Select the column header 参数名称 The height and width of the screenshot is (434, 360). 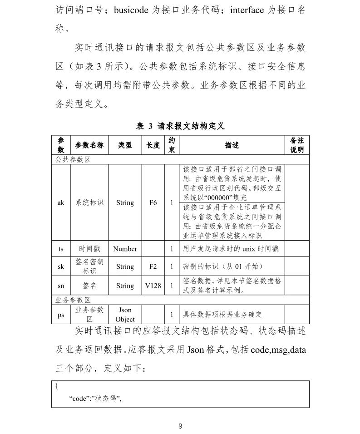pyautogui.click(x=89, y=145)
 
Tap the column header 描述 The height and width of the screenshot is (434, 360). pyautogui.click(x=232, y=145)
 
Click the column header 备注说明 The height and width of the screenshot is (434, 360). pyautogui.click(x=296, y=145)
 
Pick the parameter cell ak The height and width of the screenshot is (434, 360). pyautogui.click(x=61, y=202)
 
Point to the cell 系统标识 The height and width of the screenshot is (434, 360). pyautogui.click(x=89, y=202)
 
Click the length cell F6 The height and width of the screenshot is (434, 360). pyautogui.click(x=153, y=202)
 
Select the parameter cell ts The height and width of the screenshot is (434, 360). pyautogui.click(x=61, y=249)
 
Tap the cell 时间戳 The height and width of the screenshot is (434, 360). pyautogui.click(x=89, y=249)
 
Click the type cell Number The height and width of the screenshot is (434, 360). pyautogui.click(x=125, y=249)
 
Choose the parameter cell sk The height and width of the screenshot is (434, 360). pyautogui.click(x=61, y=266)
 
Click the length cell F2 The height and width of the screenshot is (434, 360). pyautogui.click(x=153, y=266)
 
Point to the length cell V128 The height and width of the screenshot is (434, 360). pyautogui.click(x=153, y=286)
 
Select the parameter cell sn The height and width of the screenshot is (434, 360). pyautogui.click(x=61, y=286)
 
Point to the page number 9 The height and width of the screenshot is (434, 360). pyautogui.click(x=180, y=426)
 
